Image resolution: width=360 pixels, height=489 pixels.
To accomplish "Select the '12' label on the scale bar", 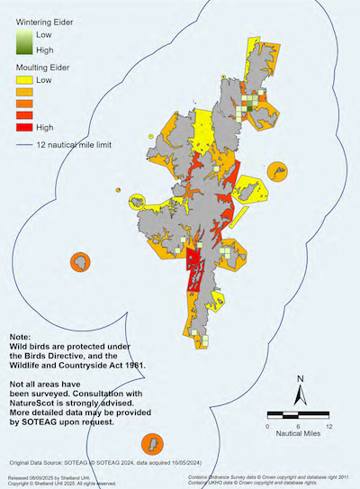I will [330, 426].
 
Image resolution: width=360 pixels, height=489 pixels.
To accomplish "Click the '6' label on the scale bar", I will [299, 426].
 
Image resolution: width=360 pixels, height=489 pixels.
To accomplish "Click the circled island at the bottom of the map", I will [152, 444].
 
